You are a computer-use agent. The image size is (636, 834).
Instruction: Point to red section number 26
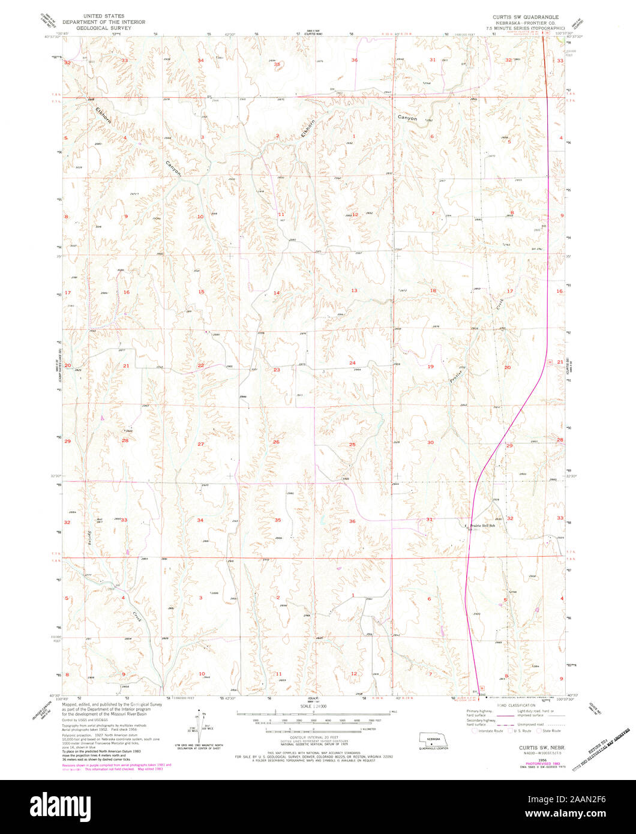point(276,442)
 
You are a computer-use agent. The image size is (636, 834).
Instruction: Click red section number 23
point(277,370)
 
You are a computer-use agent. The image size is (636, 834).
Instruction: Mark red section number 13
point(354,290)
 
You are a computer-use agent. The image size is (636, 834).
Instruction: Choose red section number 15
point(202,292)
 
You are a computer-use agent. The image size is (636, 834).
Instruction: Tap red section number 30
point(430,442)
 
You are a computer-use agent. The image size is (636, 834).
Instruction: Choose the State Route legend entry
point(548,731)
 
